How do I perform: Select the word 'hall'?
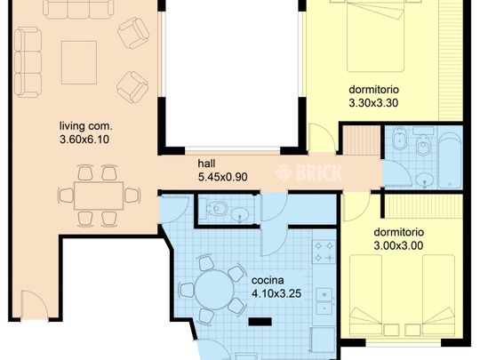pos(206,163)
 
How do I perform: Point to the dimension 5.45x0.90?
pos(221,176)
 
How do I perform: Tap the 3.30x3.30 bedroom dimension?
pos(373,103)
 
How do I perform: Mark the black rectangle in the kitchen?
pos(260,322)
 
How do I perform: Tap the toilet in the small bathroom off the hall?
pos(214,211)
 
